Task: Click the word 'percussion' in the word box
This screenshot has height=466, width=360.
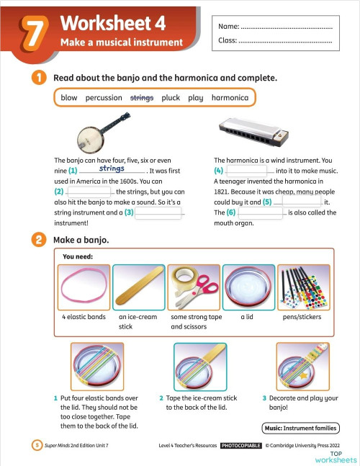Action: point(104,98)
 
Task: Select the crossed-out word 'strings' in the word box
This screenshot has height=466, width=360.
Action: point(142,98)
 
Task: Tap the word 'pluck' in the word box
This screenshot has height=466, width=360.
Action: point(171,98)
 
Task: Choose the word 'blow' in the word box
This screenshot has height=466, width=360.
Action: point(69,97)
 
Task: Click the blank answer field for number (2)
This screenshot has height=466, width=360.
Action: point(89,192)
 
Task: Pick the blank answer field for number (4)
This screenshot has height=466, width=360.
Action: point(246,170)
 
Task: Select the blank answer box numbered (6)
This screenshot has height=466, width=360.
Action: point(261,212)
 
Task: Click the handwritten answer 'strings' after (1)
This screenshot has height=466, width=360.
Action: point(112,169)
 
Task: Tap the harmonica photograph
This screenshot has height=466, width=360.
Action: point(253,132)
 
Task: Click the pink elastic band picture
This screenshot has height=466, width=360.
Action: point(84,285)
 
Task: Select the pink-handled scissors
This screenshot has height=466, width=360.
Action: point(197,291)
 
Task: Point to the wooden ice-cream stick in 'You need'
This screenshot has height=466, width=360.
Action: point(139,285)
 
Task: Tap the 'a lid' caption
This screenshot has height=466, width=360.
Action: point(247,317)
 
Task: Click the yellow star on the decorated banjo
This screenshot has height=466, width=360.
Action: point(303,376)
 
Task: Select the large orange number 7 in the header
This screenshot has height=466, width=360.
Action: point(35,34)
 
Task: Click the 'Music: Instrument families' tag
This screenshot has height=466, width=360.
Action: point(300,429)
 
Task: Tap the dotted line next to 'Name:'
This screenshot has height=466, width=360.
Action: point(287,28)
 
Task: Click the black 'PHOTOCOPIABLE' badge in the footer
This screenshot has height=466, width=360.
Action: point(241,446)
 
